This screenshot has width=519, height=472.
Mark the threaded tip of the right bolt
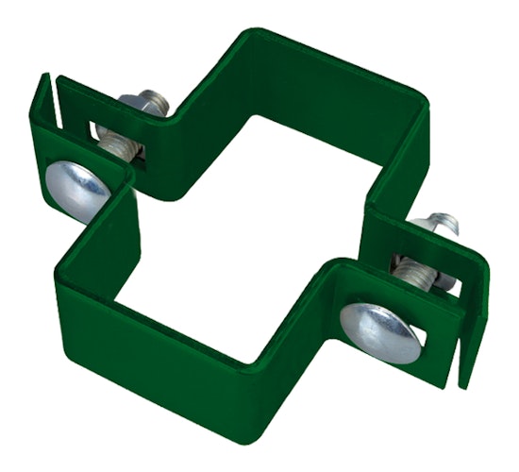(x=448, y=219)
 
